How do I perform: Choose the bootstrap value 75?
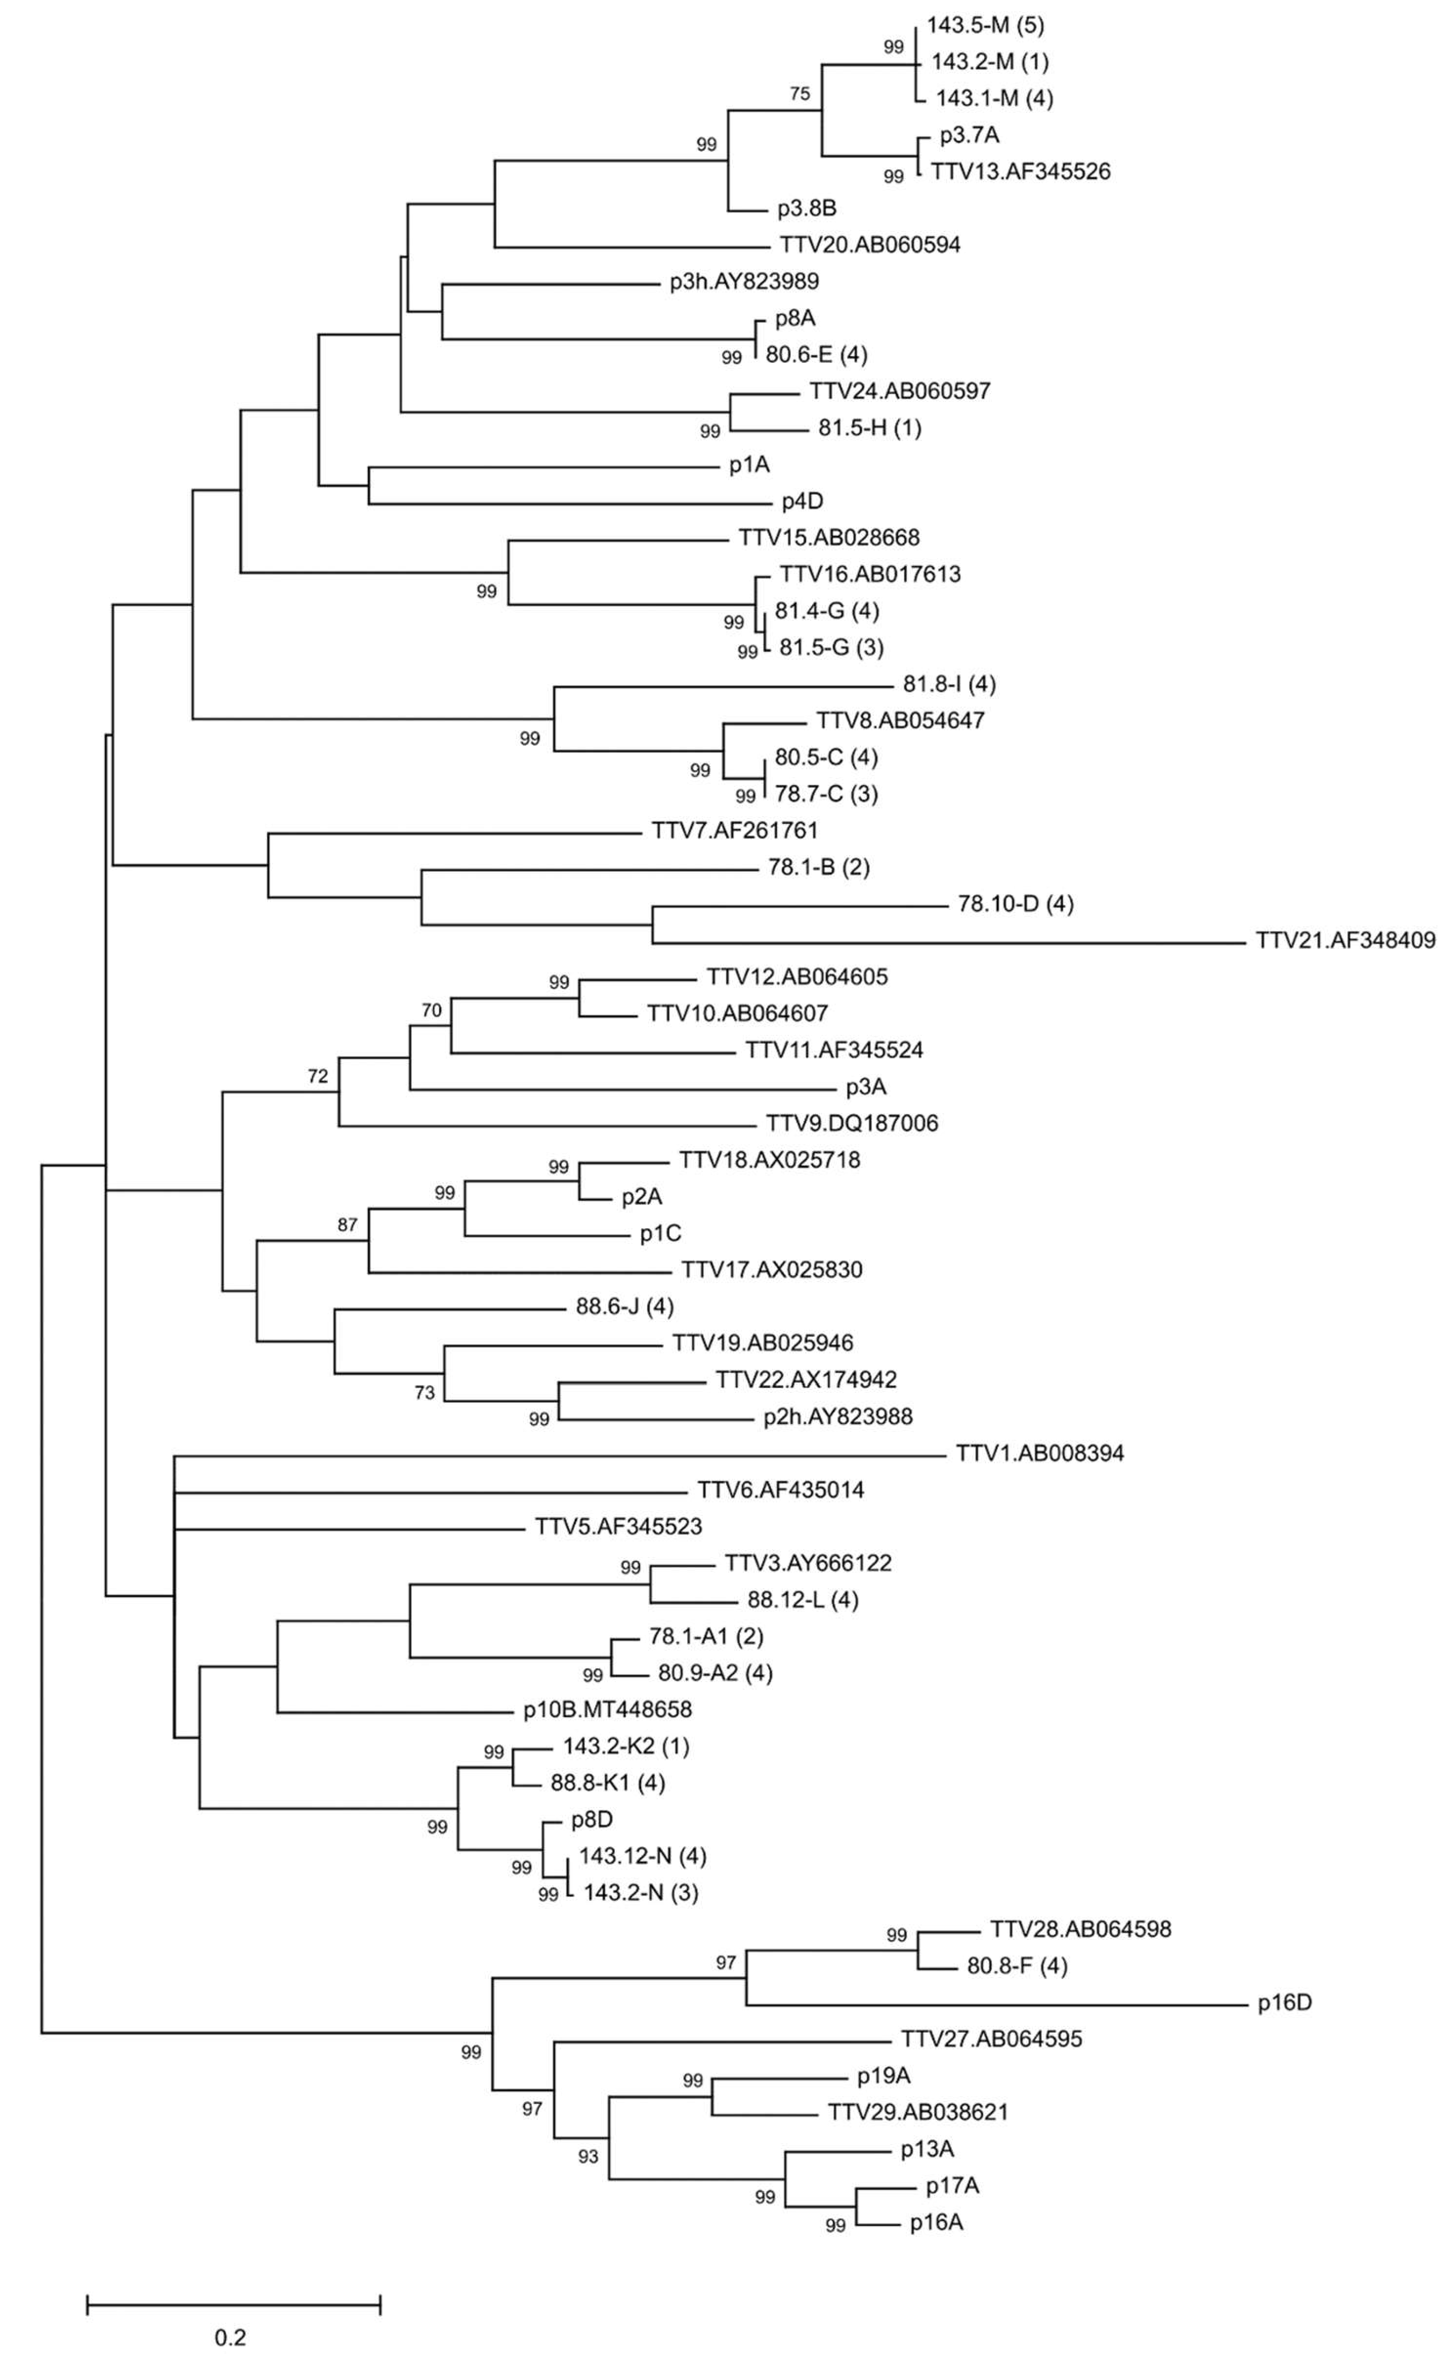pyautogui.click(x=799, y=94)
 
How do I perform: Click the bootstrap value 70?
pyautogui.click(x=431, y=1010)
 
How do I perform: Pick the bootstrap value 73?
pyautogui.click(x=424, y=1393)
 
